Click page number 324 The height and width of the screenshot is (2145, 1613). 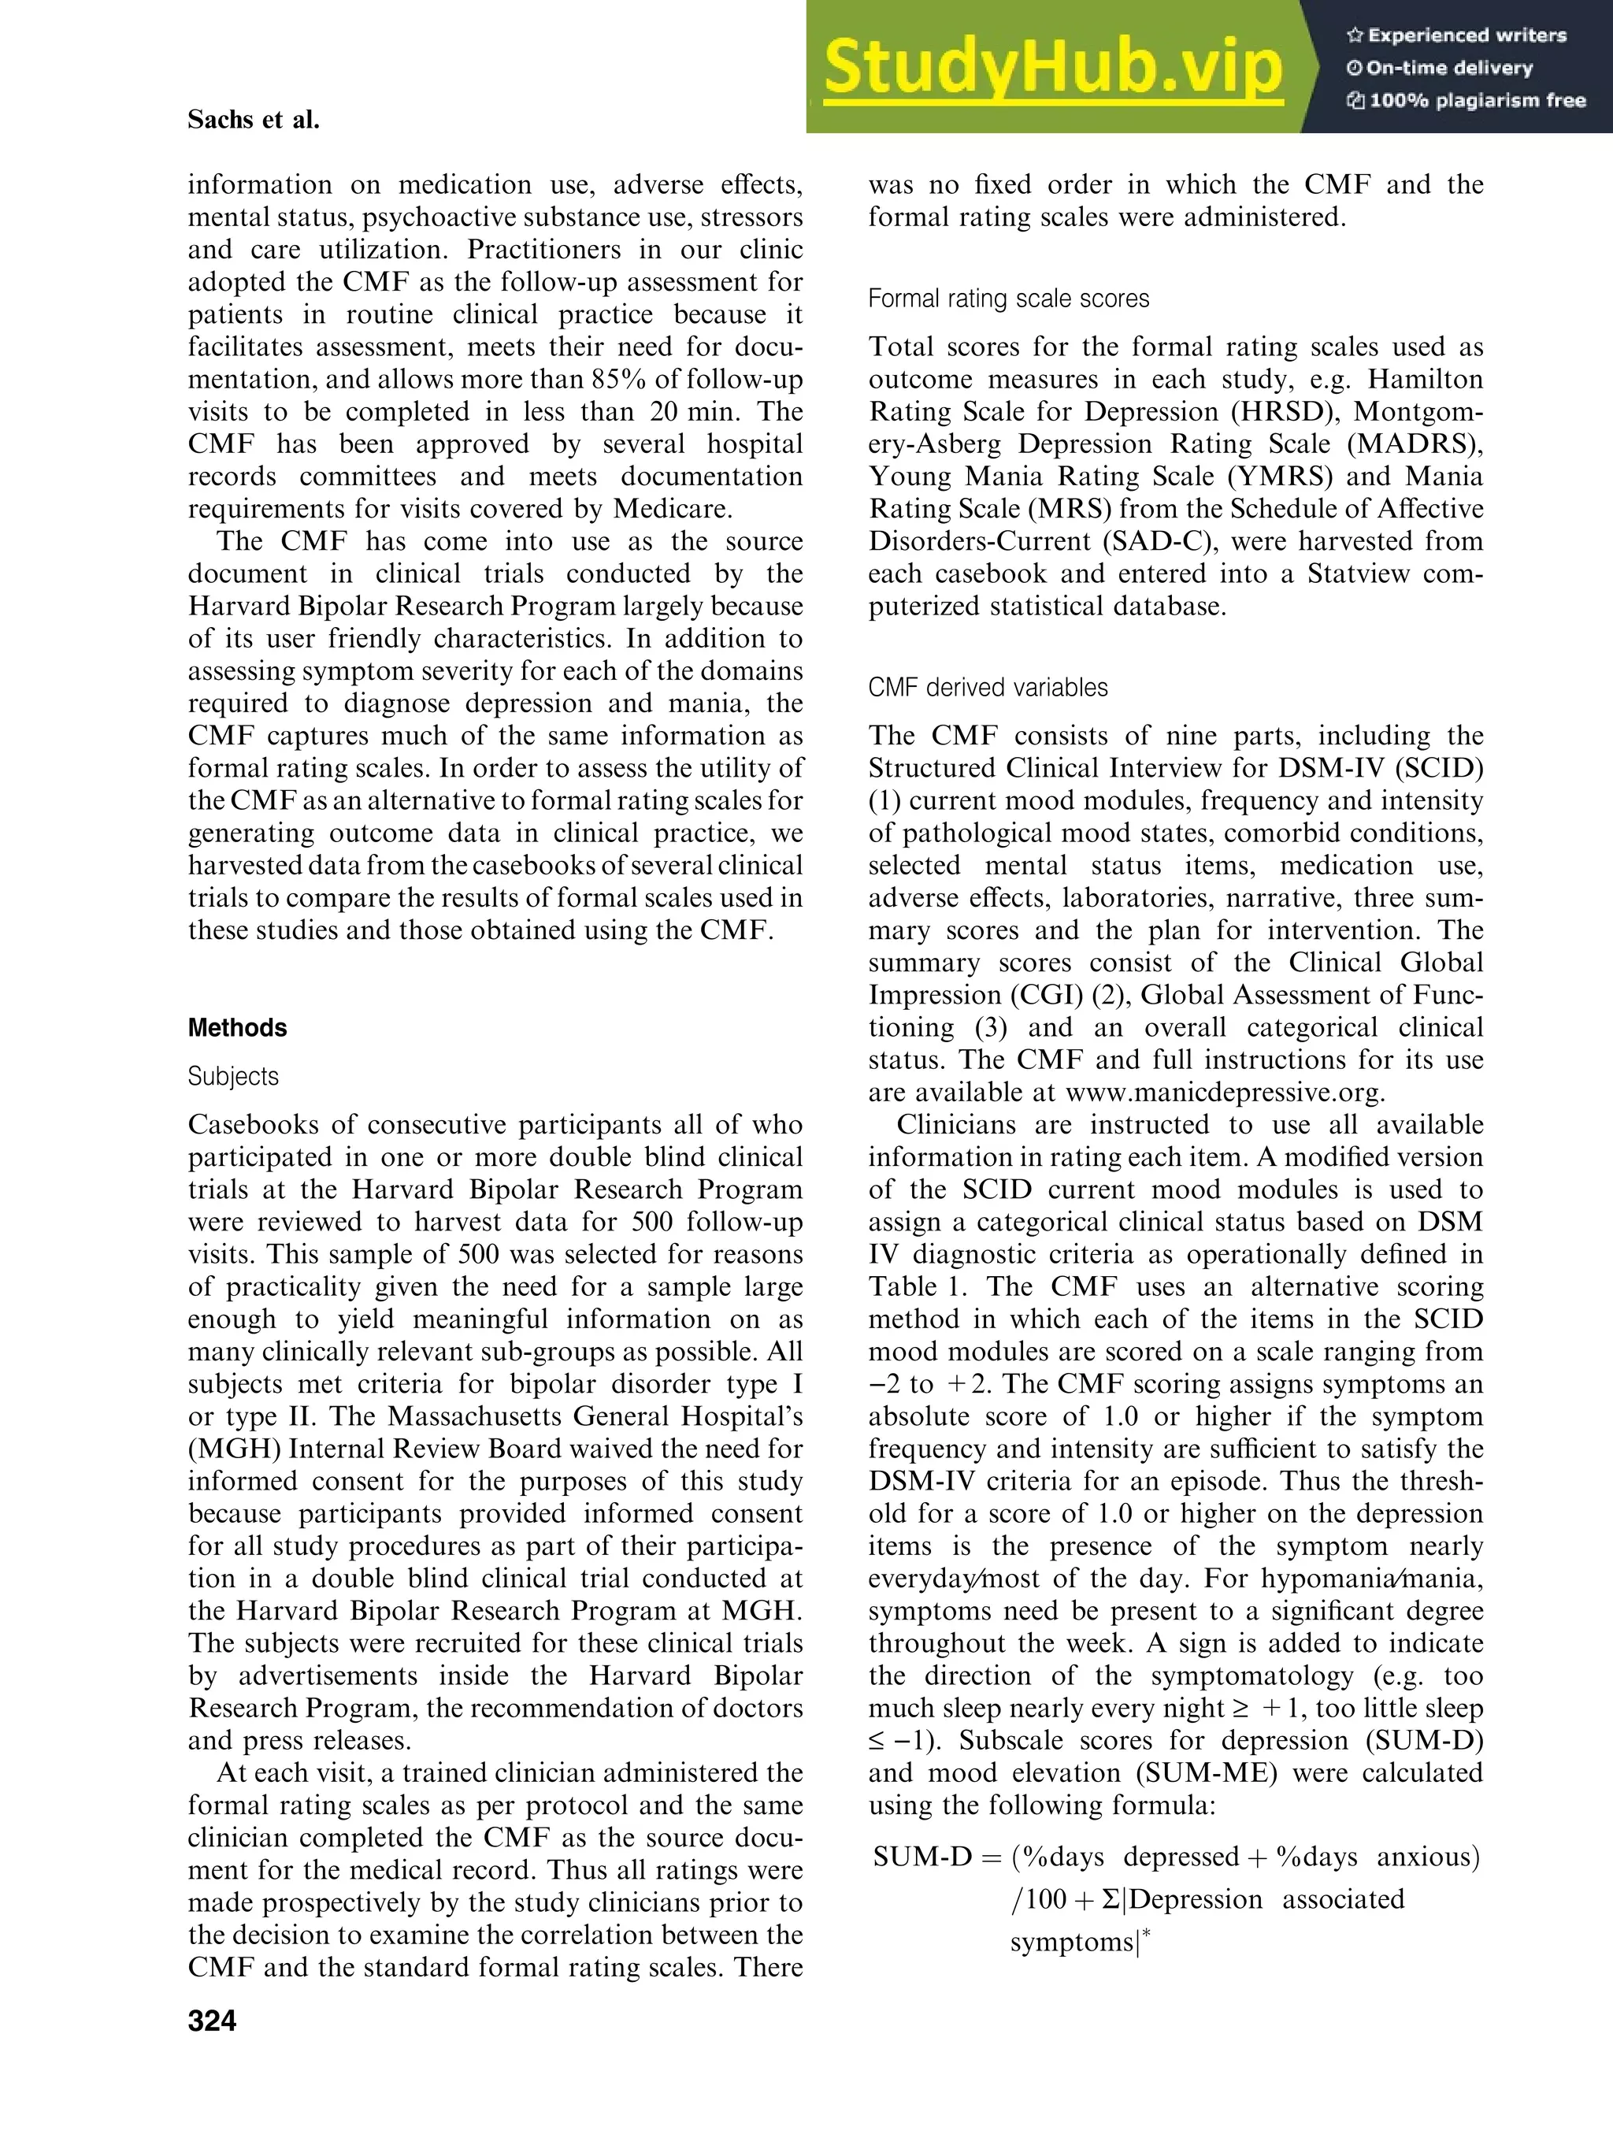(x=213, y=2021)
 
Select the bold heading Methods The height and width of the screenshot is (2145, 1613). (x=238, y=1028)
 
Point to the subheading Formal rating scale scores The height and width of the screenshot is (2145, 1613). (x=1008, y=299)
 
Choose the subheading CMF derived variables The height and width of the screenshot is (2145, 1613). (x=988, y=688)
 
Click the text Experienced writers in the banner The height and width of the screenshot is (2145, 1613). (x=1467, y=36)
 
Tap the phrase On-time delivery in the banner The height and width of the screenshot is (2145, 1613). (x=1449, y=68)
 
